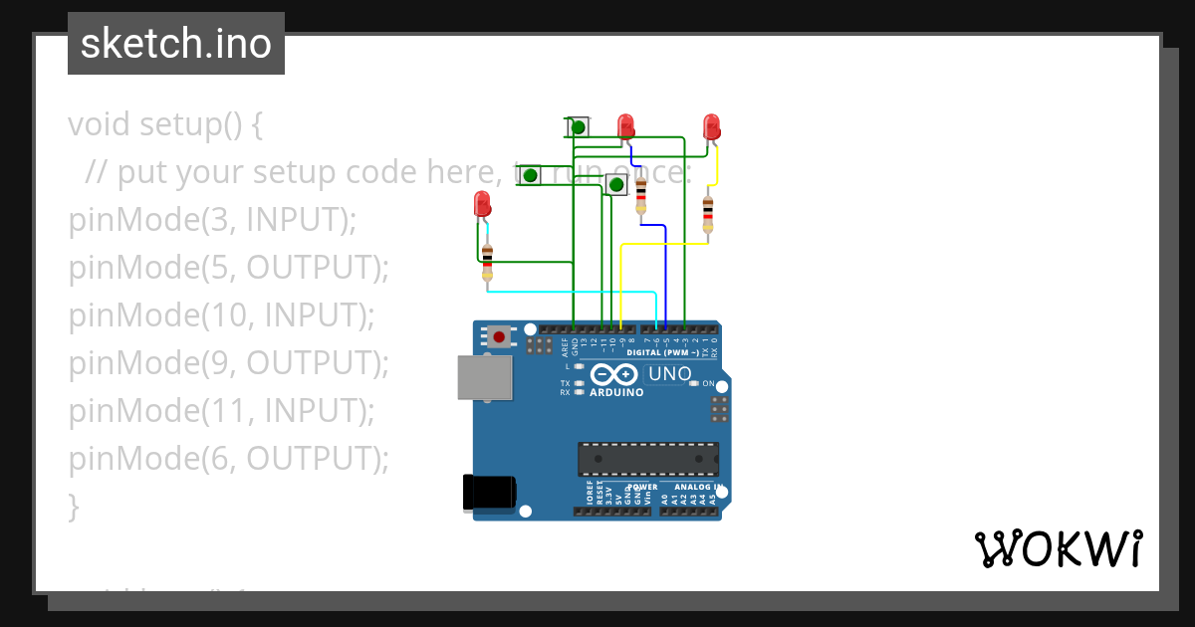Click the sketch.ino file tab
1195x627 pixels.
pyautogui.click(x=176, y=44)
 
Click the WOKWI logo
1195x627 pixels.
pyautogui.click(x=1058, y=548)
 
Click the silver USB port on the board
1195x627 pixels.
pyautogui.click(x=485, y=377)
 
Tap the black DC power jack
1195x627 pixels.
pyautogui.click(x=489, y=493)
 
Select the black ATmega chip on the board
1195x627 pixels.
pyautogui.click(x=648, y=459)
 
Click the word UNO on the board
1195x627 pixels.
pyautogui.click(x=670, y=374)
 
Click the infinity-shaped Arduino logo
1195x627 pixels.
pyautogui.click(x=613, y=374)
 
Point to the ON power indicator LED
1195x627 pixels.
pyautogui.click(x=695, y=383)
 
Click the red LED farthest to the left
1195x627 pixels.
pyautogui.click(x=482, y=206)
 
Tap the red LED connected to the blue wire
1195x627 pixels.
pyautogui.click(x=625, y=126)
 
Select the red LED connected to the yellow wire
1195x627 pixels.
pyautogui.click(x=711, y=126)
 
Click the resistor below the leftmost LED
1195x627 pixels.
pyautogui.click(x=487, y=262)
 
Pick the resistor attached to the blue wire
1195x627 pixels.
pyautogui.click(x=640, y=195)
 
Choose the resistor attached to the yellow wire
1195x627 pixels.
pyautogui.click(x=707, y=213)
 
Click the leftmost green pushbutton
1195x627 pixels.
pyautogui.click(x=531, y=176)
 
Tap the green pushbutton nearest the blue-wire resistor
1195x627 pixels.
pyautogui.click(x=616, y=184)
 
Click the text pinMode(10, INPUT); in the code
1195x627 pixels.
pyautogui.click(x=221, y=315)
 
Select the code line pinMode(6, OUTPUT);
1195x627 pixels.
pyautogui.click(x=228, y=459)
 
